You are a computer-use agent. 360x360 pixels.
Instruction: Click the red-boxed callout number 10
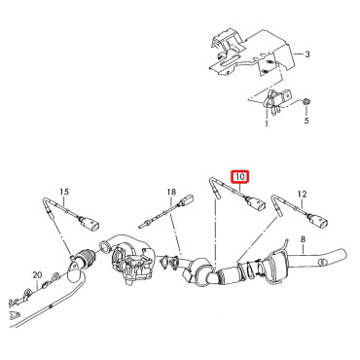pos(240,177)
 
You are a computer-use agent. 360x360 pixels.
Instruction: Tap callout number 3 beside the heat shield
pos(307,54)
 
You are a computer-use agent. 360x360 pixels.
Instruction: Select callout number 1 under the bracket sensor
pos(267,124)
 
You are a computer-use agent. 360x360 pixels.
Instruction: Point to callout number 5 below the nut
pos(306,121)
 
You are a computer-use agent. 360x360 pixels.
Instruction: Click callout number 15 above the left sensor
pos(64,192)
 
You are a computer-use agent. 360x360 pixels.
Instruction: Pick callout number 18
pos(171,192)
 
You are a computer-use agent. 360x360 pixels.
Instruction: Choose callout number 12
pos(302,194)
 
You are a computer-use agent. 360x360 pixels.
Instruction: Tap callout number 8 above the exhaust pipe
pos(303,239)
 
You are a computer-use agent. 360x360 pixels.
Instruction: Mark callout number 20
pos(37,275)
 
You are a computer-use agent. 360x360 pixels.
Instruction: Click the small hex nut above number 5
pos(306,102)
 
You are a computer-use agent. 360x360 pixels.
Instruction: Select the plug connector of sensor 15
pos(90,225)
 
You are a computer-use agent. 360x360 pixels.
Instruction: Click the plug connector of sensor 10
pos(257,205)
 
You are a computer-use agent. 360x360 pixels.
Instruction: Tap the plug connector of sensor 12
pos(319,223)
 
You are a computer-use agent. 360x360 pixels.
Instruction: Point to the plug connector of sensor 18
pos(187,200)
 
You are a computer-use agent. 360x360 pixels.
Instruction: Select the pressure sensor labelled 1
pos(275,99)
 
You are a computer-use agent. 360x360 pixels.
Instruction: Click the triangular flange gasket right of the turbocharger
pos(170,262)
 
